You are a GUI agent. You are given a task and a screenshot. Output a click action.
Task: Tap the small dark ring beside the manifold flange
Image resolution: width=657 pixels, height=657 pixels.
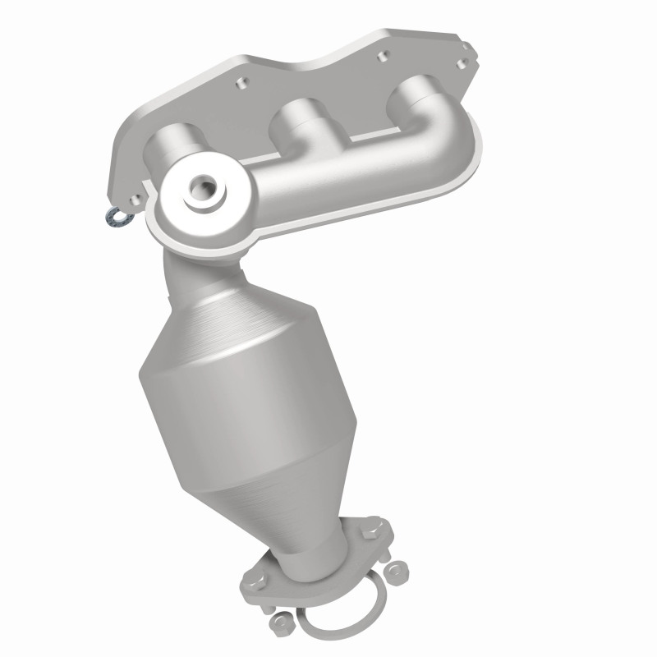(113, 217)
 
